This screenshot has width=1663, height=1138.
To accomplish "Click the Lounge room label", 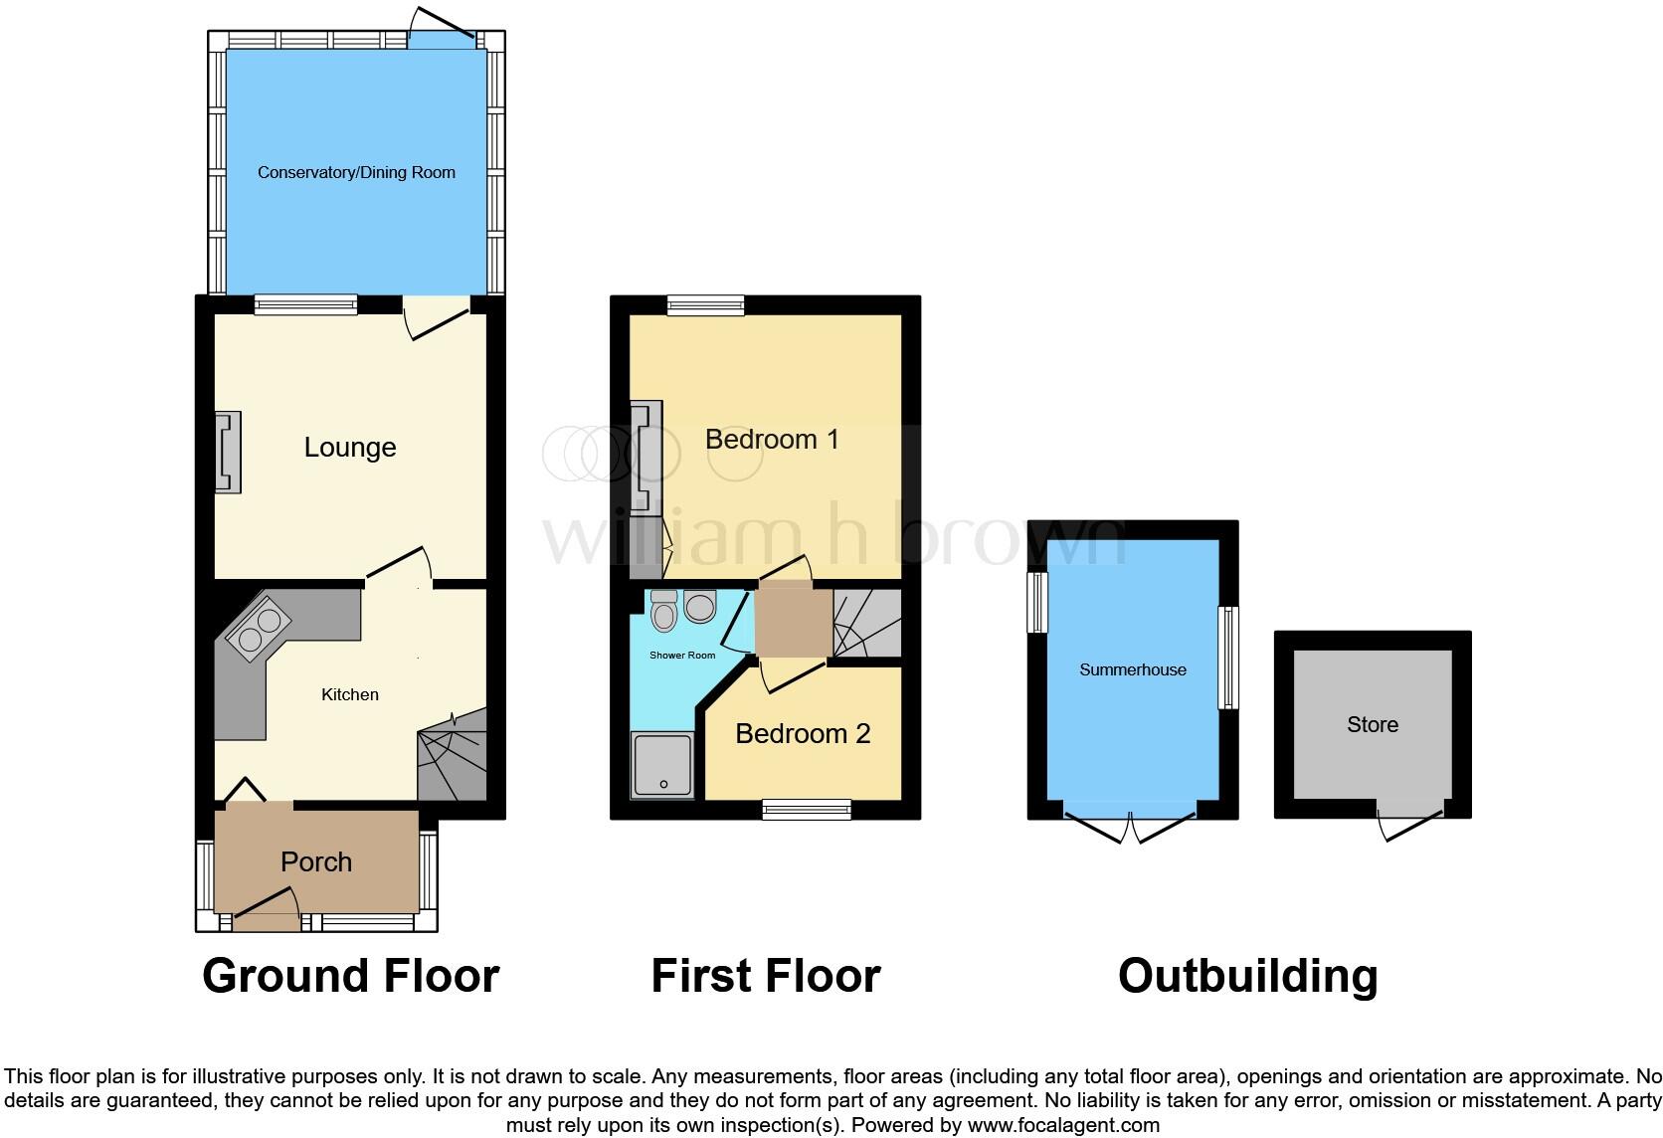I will (x=349, y=448).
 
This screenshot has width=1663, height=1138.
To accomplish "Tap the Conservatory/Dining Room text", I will (x=356, y=172).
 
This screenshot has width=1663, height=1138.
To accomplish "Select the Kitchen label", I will (x=349, y=694).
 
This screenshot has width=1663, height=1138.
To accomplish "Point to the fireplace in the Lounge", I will (x=229, y=453).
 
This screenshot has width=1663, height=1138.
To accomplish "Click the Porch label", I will (x=315, y=861).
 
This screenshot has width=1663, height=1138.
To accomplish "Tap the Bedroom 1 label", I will (x=772, y=439).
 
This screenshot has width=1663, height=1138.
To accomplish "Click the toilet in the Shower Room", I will (x=663, y=613).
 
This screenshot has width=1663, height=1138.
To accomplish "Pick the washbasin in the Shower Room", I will (x=700, y=606).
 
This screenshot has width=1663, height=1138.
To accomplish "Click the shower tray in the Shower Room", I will (x=663, y=765).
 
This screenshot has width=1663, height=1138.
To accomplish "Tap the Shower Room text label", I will (x=682, y=656).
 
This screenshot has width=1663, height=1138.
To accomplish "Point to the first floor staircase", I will (x=865, y=624).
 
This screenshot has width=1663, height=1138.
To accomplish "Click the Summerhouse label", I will (x=1132, y=669).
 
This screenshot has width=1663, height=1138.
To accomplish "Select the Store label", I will (x=1372, y=724).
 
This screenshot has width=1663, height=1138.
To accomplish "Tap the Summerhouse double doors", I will (x=1131, y=826).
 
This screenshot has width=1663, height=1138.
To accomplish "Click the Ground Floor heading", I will (x=350, y=976).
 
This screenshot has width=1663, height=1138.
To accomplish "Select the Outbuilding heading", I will (x=1247, y=976).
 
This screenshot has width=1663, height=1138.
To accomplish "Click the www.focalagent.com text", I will (x=1063, y=1125).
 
